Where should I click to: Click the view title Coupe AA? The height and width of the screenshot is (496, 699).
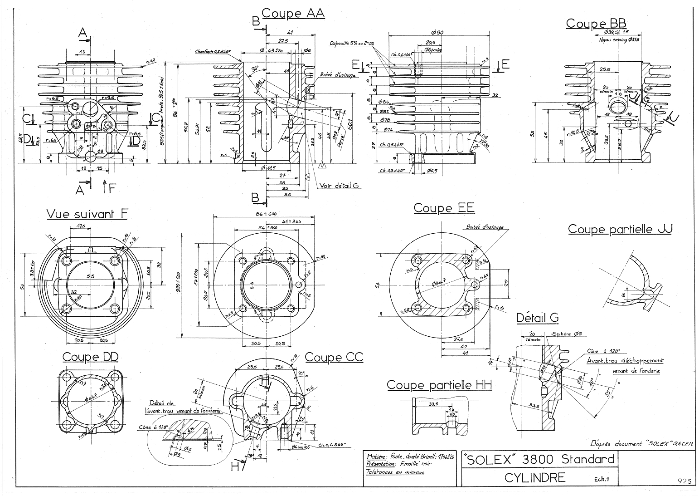pyautogui.click(x=293, y=14)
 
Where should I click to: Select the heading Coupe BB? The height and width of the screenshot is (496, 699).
pyautogui.click(x=596, y=23)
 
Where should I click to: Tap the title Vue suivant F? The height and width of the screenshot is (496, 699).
pyautogui.click(x=87, y=214)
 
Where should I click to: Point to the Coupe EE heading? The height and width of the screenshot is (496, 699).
pyautogui.click(x=444, y=208)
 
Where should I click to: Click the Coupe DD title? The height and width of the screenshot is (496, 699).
pyautogui.click(x=90, y=357)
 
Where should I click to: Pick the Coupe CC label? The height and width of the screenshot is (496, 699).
pyautogui.click(x=334, y=357)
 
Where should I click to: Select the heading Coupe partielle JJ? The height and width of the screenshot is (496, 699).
pyautogui.click(x=620, y=229)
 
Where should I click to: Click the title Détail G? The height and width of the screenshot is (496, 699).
pyautogui.click(x=537, y=318)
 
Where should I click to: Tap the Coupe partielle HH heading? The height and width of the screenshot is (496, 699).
pyautogui.click(x=439, y=385)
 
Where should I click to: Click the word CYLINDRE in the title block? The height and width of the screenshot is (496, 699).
pyautogui.click(x=534, y=477)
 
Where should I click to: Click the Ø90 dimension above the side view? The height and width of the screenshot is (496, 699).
pyautogui.click(x=437, y=32)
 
